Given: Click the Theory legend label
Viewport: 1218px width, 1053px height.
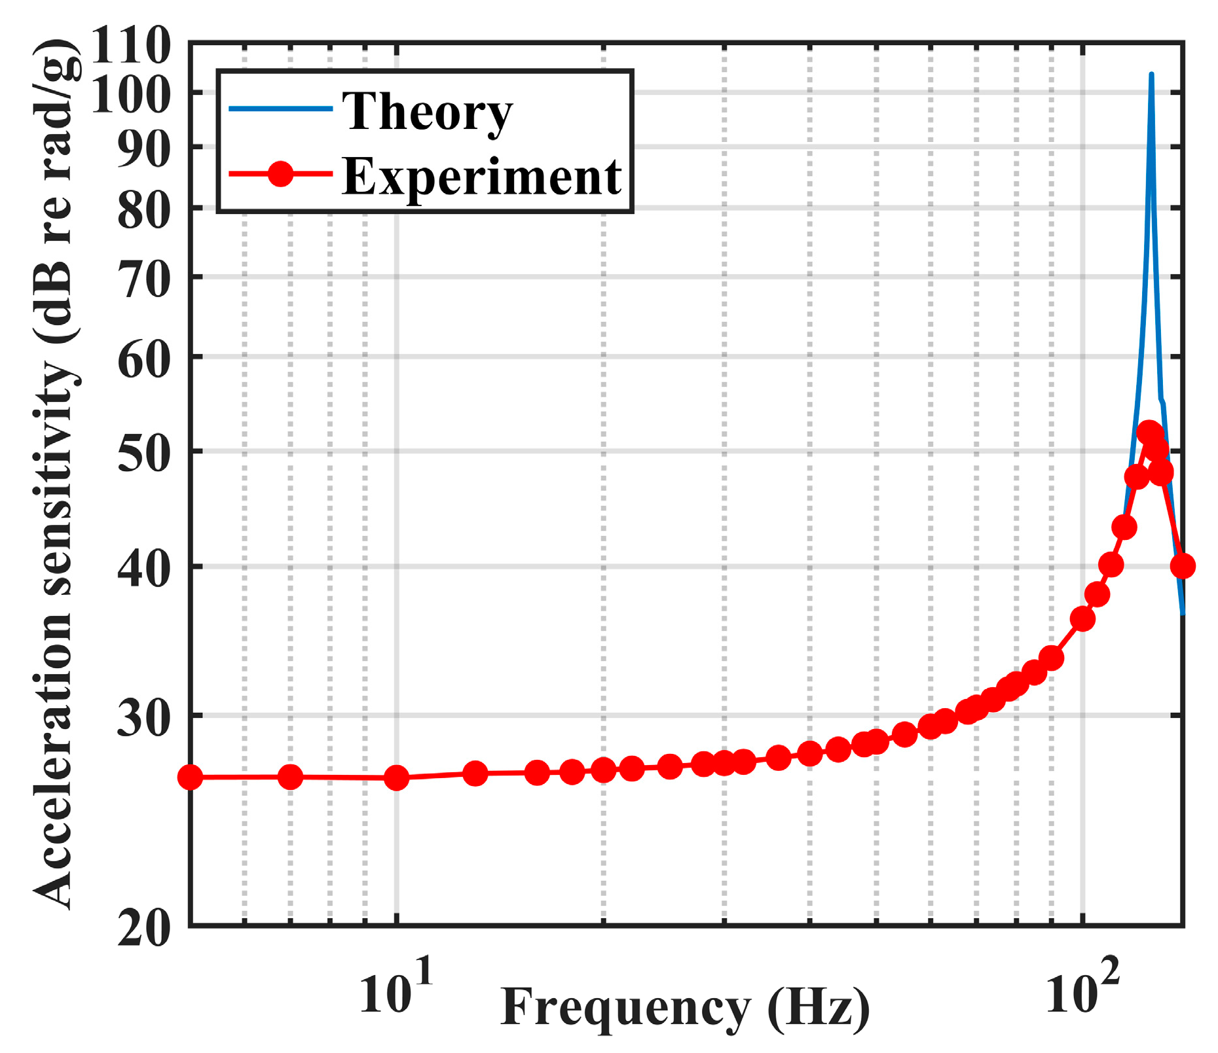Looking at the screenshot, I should (x=427, y=113).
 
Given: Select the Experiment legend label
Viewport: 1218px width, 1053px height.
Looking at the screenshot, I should (x=481, y=177).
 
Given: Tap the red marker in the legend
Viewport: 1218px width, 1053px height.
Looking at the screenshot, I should (x=281, y=174).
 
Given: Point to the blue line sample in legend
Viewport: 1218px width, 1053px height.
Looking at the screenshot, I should (x=281, y=109).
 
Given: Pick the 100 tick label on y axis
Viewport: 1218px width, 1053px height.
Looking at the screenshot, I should (x=131, y=96).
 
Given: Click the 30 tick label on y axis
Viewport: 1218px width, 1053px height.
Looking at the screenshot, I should (x=144, y=718).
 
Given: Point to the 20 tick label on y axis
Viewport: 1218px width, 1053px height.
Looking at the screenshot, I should (x=144, y=928).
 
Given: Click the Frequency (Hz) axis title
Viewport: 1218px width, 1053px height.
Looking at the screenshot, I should (x=685, y=1008).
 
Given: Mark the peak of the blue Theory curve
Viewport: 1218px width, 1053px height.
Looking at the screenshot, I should (x=1151, y=75).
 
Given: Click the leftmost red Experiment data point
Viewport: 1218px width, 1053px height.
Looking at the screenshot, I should (x=191, y=777).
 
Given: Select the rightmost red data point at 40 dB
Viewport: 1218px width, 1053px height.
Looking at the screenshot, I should (x=1182, y=566).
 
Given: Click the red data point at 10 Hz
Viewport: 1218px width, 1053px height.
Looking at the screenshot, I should (x=396, y=777).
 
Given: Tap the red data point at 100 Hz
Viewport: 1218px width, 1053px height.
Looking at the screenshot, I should (x=1082, y=618).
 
